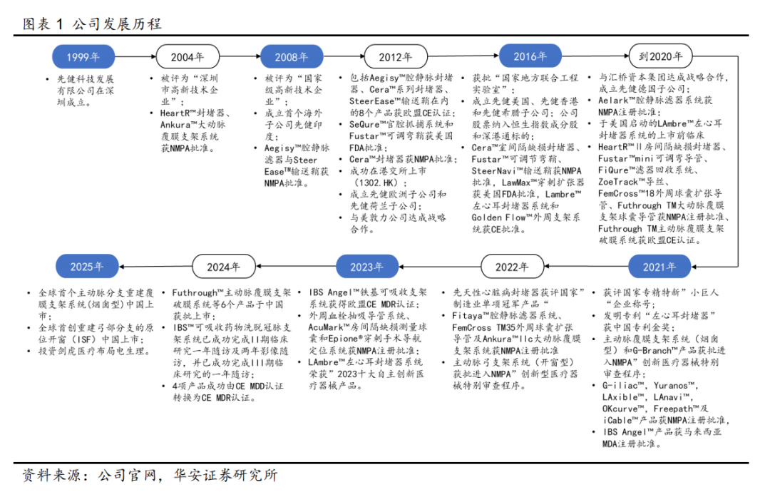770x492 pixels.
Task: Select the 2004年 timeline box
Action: coord(188,57)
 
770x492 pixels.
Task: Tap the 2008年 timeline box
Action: coord(292,57)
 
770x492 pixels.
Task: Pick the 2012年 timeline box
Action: coord(396,57)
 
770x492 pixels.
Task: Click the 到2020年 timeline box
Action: coord(660,57)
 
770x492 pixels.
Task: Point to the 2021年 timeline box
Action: coord(660,267)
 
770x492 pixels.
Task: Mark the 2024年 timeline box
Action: coord(223,267)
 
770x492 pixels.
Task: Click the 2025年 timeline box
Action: coord(87,267)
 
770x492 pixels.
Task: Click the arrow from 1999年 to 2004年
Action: coord(135,57)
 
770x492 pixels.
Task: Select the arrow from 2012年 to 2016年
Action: coord(463,57)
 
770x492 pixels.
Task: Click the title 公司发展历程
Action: coord(117,24)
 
